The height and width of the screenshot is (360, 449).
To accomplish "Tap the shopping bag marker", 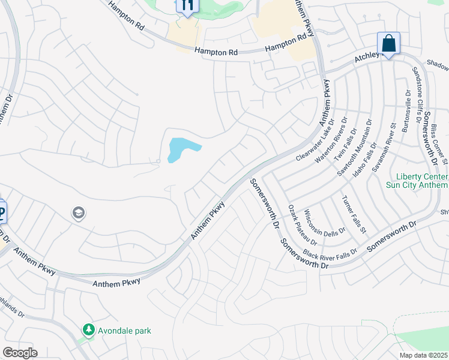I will click(x=388, y=44).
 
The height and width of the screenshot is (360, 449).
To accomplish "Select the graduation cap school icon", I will click(x=79, y=213).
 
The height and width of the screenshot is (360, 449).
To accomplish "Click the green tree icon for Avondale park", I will click(x=89, y=330).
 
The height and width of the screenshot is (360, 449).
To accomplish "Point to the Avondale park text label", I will click(x=125, y=331).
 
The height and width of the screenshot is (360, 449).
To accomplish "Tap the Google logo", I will click(x=20, y=353).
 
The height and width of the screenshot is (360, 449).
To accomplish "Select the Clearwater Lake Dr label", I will click(x=315, y=140).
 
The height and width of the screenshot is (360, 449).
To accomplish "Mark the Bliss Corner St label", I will click(x=439, y=144).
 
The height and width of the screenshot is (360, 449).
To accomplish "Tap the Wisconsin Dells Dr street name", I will click(x=325, y=222).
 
